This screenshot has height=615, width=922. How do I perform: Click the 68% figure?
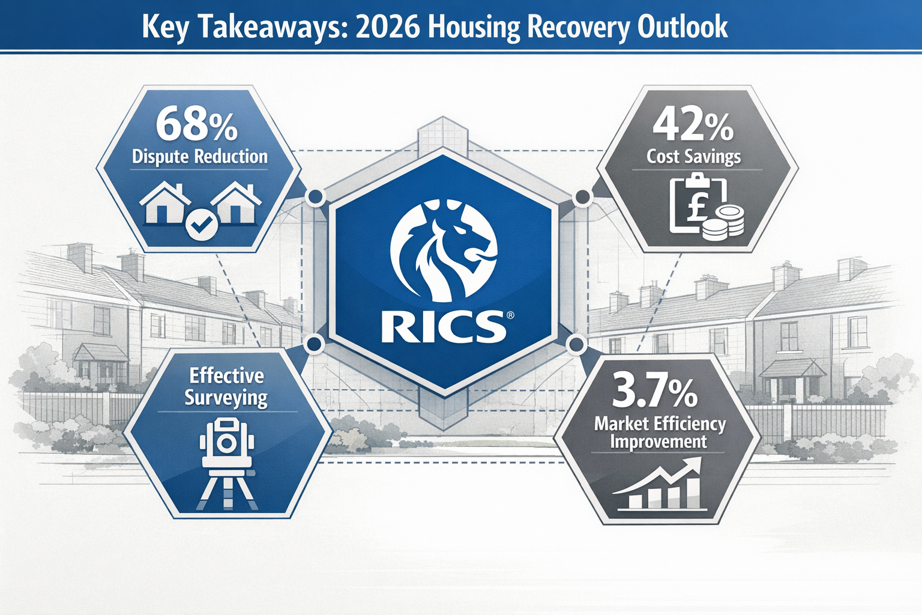(x=196, y=124)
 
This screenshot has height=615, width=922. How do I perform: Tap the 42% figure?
(x=693, y=125)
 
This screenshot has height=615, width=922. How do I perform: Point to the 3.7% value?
(x=654, y=392)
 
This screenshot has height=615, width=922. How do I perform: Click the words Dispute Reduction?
(x=199, y=157)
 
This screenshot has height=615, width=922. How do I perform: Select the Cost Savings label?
(x=693, y=157)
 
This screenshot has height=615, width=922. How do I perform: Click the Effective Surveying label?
(x=226, y=386)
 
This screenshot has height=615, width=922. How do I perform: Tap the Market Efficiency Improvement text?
(x=659, y=432)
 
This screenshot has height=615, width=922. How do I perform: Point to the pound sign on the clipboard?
(x=698, y=204)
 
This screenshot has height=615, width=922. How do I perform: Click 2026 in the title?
(x=387, y=27)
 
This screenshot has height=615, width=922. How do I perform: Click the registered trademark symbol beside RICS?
(x=510, y=315)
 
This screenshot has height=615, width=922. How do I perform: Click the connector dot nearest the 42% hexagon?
(x=582, y=197)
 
